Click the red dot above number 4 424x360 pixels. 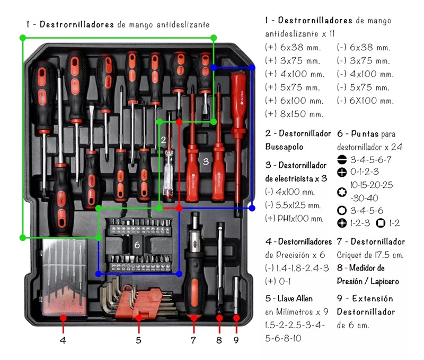pos(63,318)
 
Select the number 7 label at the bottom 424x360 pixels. pos(193,340)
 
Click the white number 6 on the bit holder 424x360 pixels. pos(137,245)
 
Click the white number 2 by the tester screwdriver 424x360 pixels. pos(164,140)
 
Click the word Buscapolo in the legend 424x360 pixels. pos(285,147)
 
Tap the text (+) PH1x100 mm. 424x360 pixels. pos(294,219)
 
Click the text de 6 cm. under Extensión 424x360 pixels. pos(353,325)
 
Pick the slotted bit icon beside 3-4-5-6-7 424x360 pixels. pos(343,159)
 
